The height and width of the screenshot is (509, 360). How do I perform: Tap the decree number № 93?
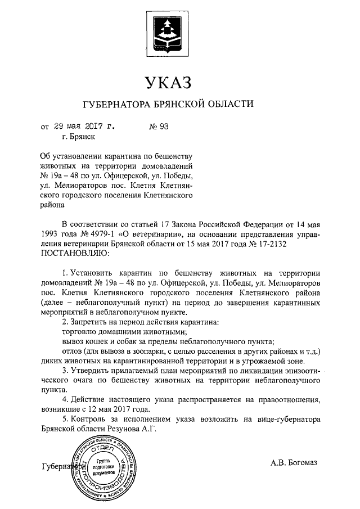click(x=159, y=125)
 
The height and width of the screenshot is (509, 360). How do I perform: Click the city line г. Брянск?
click(x=79, y=136)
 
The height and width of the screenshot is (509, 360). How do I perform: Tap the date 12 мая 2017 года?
click(x=118, y=409)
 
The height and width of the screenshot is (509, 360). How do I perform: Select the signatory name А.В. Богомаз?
click(x=294, y=462)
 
